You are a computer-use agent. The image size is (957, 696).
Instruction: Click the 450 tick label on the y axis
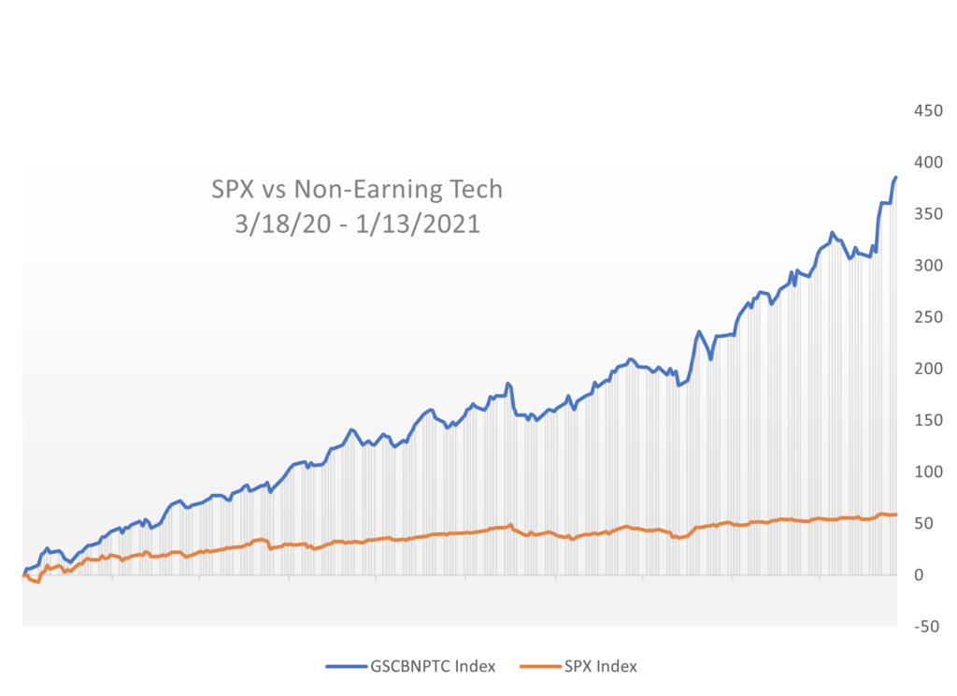point(928,110)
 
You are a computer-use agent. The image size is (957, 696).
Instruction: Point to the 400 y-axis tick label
point(928,162)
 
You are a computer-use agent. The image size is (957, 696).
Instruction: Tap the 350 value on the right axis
point(928,213)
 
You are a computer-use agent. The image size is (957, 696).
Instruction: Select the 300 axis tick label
point(928,265)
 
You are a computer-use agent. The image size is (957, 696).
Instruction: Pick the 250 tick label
point(928,316)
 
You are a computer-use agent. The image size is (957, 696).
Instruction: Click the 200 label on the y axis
point(928,368)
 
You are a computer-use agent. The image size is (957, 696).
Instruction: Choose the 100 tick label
point(928,471)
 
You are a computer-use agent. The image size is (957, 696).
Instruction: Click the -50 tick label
point(925,626)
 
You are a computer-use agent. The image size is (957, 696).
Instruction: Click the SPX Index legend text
point(600,666)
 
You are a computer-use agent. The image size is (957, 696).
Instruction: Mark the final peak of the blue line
point(895,177)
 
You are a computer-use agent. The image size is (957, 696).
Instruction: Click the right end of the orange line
point(895,515)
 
